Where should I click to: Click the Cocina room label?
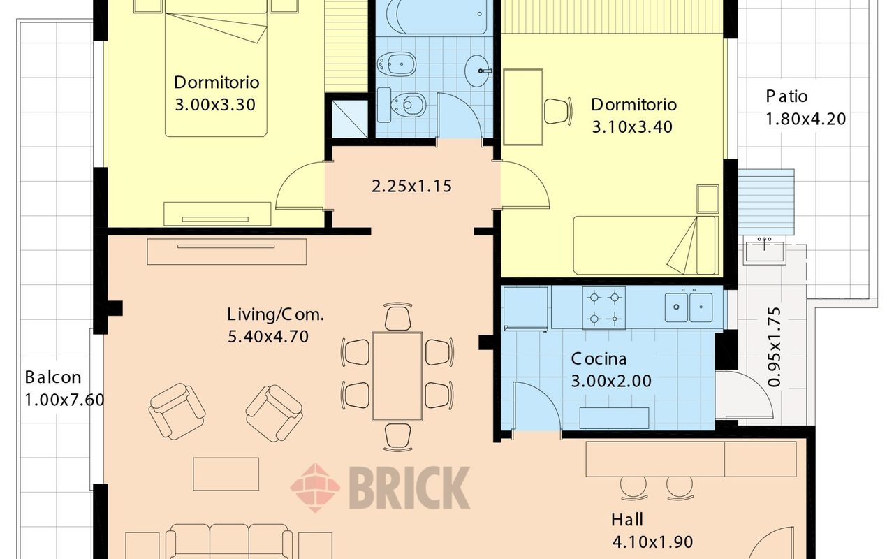pyautogui.click(x=599, y=358)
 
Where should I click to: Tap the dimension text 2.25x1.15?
pyautogui.click(x=411, y=186)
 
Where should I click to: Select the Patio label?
pyautogui.click(x=786, y=96)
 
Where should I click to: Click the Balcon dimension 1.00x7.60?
pyautogui.click(x=64, y=400)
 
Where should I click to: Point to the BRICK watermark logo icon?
pyautogui.click(x=315, y=488)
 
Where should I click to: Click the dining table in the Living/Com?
pyautogui.click(x=397, y=376)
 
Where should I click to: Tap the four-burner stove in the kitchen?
pyautogui.click(x=604, y=308)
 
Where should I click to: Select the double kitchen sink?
pyautogui.click(x=689, y=307)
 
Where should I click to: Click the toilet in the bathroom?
pyautogui.click(x=401, y=105)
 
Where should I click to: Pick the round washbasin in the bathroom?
pyautogui.click(x=477, y=71)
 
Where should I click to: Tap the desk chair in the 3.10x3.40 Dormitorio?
pyautogui.click(x=558, y=111)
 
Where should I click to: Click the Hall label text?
pyautogui.click(x=627, y=520)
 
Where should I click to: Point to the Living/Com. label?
pyautogui.click(x=275, y=314)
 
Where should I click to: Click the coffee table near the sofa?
pyautogui.click(x=226, y=474)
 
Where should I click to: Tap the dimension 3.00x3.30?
pyautogui.click(x=215, y=105)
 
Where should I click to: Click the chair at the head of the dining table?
pyautogui.click(x=398, y=317)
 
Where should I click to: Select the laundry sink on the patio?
pyautogui.click(x=764, y=249)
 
